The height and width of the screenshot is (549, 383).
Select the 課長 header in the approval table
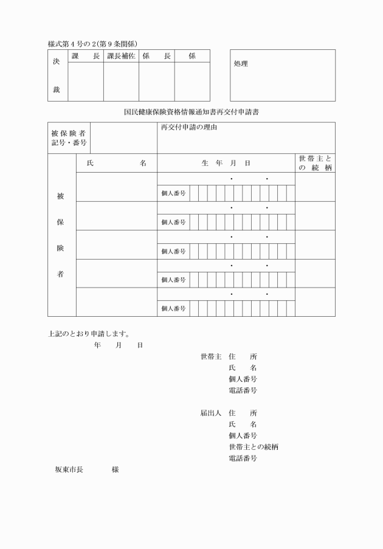85,56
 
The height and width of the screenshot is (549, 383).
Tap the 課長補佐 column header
121,56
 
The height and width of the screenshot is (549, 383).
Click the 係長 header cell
156,56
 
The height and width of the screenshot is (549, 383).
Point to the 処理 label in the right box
241,63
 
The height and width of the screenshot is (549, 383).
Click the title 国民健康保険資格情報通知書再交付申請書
191,112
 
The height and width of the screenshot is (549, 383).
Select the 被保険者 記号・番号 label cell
69,138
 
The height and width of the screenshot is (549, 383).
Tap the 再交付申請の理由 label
189,128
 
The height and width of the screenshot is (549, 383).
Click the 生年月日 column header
226,163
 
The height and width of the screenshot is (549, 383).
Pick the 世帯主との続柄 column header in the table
315,163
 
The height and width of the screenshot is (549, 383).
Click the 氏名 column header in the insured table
117,163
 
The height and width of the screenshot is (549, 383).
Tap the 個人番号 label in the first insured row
173,193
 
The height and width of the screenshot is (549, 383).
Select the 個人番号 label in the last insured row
173,308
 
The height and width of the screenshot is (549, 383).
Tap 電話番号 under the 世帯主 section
243,390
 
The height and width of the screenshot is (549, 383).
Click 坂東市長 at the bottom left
69,470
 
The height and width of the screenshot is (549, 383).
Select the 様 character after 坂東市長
115,470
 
